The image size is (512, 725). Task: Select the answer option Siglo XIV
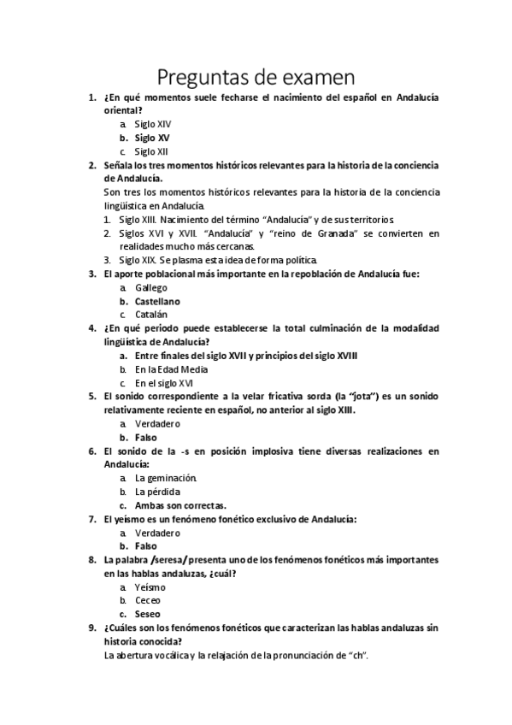152,124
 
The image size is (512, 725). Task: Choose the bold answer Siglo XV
152,138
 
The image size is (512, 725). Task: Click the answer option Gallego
151,288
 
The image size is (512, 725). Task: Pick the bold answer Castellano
157,301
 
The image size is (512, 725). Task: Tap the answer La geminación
166,478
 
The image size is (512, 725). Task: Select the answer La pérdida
157,492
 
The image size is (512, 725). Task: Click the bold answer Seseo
148,614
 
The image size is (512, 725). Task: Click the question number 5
92,397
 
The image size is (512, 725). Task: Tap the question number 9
92,628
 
